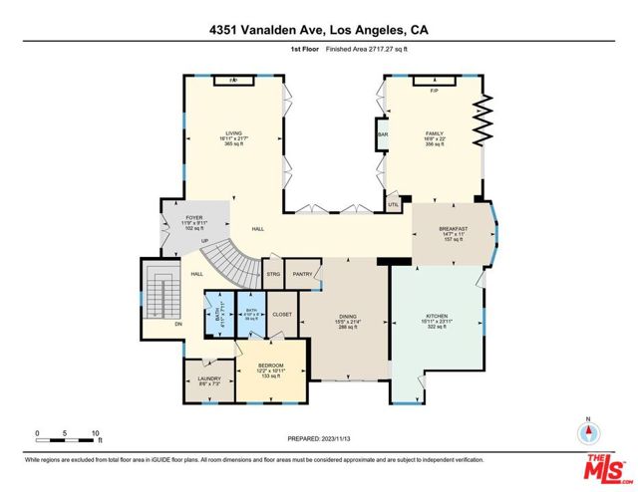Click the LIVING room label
[x=234, y=131]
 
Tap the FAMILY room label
[x=434, y=131]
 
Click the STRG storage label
[x=272, y=273]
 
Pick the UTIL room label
[x=394, y=205]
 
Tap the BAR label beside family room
[x=382, y=133]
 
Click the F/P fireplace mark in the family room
[x=434, y=91]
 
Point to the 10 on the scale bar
[x=96, y=433]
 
